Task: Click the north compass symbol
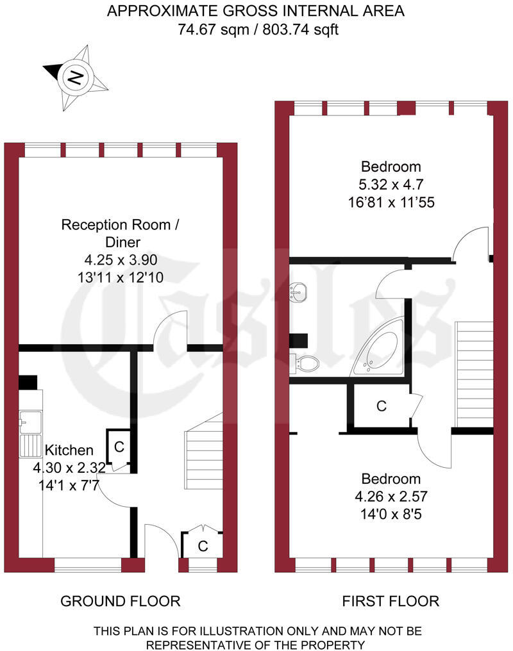[x=75, y=78]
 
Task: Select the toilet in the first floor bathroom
[x=304, y=363]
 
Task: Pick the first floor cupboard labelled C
[x=382, y=406]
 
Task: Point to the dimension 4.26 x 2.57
[x=391, y=496]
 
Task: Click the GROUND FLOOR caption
[x=120, y=601]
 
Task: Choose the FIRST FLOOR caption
[x=391, y=601]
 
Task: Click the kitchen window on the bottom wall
[x=88, y=565]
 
